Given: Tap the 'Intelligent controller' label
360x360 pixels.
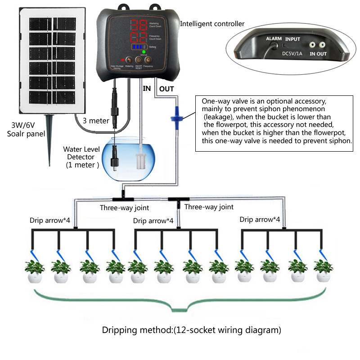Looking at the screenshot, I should (x=212, y=23).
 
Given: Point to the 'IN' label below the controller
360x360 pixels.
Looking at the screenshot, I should (x=147, y=89).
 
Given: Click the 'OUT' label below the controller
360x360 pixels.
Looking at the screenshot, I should (x=166, y=89).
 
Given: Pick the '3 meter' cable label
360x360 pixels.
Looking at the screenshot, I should (x=95, y=121).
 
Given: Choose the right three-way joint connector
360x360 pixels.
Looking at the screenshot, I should (x=177, y=199).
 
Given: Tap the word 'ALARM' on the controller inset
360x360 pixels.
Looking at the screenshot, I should (x=274, y=39).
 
